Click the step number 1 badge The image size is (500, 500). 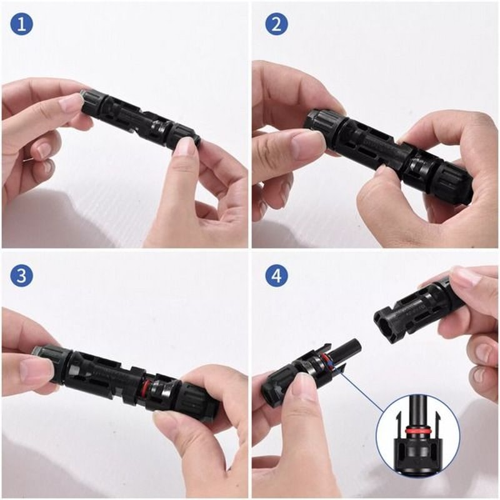(21, 24)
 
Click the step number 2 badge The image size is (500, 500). (276, 24)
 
